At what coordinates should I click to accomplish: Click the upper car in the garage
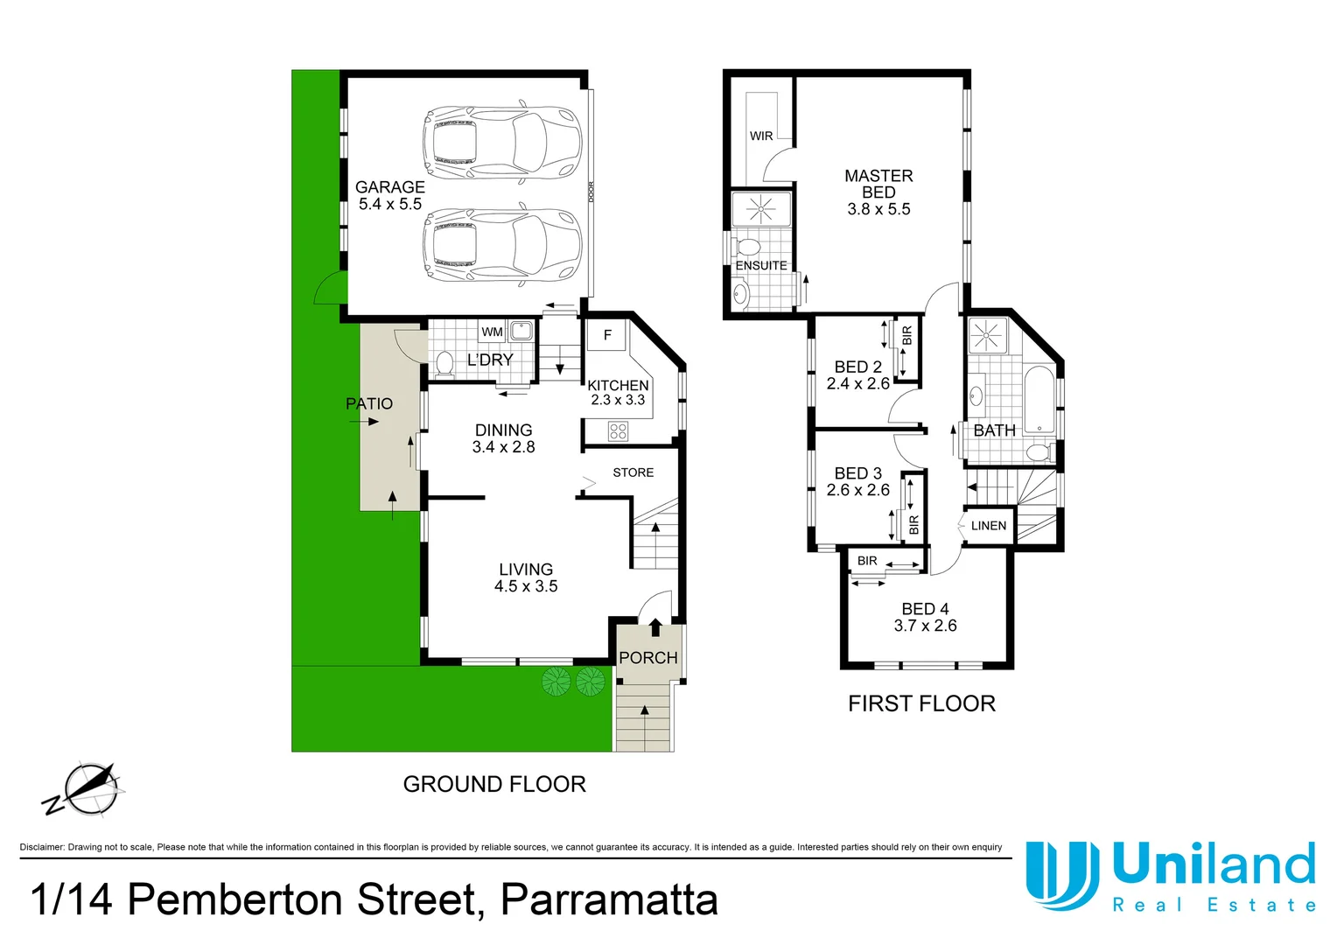point(502,143)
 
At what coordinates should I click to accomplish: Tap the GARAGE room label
point(389,187)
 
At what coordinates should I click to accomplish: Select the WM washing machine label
point(492,332)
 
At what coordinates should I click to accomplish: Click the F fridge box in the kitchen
point(607,335)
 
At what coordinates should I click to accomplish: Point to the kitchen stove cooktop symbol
point(618,430)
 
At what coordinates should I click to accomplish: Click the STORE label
point(633,472)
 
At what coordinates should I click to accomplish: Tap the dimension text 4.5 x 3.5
point(525,586)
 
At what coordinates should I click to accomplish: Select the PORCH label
point(647,657)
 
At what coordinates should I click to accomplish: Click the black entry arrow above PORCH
point(655,626)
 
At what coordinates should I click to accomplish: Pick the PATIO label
point(368,403)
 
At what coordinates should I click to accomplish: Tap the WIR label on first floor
point(760,136)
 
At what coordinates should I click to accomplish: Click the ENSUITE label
point(760,265)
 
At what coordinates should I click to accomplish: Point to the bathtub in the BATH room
point(1039,399)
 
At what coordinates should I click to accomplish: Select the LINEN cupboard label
point(988,526)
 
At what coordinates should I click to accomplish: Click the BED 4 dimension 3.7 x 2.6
point(925,626)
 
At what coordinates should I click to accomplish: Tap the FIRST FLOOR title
point(921,703)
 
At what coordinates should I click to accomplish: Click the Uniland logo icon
point(1061,875)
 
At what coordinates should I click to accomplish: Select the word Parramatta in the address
point(609,899)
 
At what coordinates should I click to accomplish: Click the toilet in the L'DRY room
point(444,363)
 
